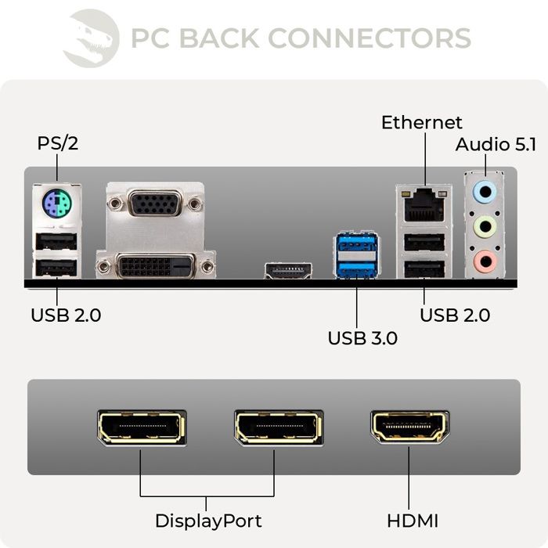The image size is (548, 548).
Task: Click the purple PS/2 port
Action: click(x=57, y=207)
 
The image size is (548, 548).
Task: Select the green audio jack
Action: click(x=486, y=226)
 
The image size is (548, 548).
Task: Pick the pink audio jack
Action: click(x=486, y=259)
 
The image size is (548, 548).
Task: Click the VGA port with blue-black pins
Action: click(x=154, y=205)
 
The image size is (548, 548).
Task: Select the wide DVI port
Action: click(x=155, y=265)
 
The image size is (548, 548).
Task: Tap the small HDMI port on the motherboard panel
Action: click(x=288, y=272)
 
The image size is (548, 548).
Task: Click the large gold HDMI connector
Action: click(x=409, y=427)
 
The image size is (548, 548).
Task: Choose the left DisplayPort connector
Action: click(x=141, y=427)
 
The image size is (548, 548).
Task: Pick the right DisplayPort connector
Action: click(x=278, y=427)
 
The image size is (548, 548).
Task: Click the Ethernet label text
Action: click(x=421, y=123)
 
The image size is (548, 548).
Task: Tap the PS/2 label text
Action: click(x=58, y=144)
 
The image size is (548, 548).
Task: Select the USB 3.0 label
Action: click(x=362, y=339)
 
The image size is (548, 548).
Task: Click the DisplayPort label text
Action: click(x=207, y=521)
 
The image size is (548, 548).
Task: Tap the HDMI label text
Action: click(x=413, y=521)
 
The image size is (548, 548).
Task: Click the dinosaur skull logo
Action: click(x=91, y=37)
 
